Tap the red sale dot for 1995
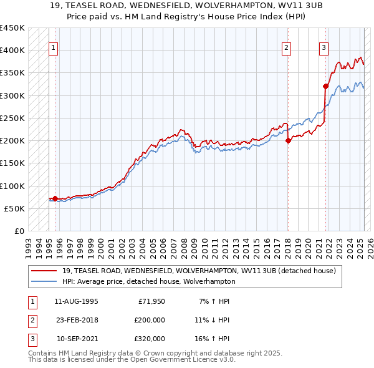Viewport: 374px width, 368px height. (x=55, y=199)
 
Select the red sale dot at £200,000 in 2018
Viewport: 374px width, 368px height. (x=288, y=141)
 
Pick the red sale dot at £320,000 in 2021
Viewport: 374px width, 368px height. (x=325, y=87)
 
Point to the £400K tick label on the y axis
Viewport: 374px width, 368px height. (x=12, y=50)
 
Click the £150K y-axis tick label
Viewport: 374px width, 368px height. (x=12, y=163)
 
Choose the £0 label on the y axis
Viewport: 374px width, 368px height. (x=19, y=231)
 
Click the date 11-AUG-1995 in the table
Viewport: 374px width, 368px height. (x=76, y=301)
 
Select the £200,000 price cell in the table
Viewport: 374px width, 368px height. (x=150, y=320)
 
